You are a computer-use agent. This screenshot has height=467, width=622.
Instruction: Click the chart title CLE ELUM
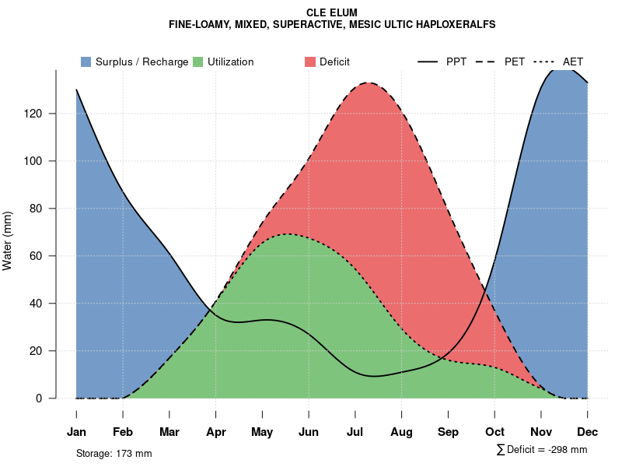(x=332, y=12)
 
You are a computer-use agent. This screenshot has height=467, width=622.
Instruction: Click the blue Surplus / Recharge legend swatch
(x=86, y=61)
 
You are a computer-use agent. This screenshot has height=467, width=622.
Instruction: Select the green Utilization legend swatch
(x=197, y=61)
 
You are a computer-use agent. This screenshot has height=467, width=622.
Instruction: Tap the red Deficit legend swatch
(x=309, y=61)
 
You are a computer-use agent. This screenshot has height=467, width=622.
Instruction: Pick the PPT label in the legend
(x=456, y=61)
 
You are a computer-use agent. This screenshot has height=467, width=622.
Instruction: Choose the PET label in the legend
(x=515, y=61)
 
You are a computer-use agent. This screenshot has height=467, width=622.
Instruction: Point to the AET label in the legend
(x=573, y=61)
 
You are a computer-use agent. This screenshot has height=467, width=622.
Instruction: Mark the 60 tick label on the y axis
(x=45, y=256)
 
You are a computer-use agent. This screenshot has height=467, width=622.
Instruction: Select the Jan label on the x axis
(x=76, y=432)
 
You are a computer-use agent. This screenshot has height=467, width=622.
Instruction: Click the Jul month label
(x=355, y=432)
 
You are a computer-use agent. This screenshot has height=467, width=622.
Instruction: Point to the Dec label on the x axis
(x=588, y=432)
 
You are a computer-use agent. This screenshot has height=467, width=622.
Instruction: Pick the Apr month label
(x=216, y=432)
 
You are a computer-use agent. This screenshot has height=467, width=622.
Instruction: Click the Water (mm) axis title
(x=8, y=241)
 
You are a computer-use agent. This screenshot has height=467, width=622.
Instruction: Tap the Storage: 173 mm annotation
(x=114, y=453)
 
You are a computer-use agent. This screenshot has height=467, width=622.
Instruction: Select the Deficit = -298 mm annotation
(x=542, y=450)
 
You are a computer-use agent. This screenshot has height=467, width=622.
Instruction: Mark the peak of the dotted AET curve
(x=288, y=233)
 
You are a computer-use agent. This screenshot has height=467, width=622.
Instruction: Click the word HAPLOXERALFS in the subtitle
(x=453, y=24)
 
